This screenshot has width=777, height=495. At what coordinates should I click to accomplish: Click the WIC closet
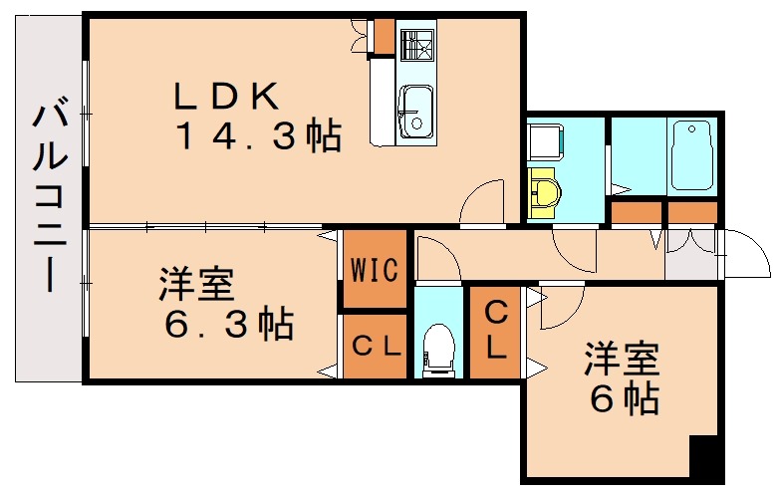coord(374,269)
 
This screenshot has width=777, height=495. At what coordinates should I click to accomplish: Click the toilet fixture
coord(436,352)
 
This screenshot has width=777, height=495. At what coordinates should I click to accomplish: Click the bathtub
coord(690,155)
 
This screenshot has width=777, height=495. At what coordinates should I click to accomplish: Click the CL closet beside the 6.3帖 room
coord(374,347)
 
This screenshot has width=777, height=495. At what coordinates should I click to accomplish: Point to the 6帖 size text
coord(625,398)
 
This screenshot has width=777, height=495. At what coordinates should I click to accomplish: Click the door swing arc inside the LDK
coord(481,204)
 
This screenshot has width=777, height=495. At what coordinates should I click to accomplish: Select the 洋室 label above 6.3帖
coord(196,285)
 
